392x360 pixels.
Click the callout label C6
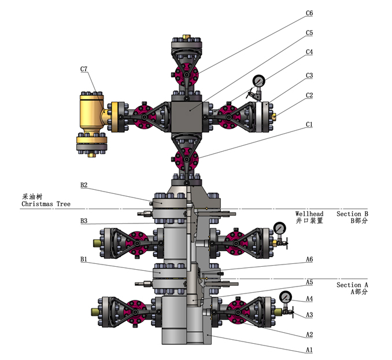(x=309, y=13)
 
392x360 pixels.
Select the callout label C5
(x=309, y=33)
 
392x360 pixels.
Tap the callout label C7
(x=84, y=69)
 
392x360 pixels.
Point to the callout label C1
(x=309, y=124)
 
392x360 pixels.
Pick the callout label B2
(x=84, y=185)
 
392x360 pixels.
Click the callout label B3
(x=84, y=221)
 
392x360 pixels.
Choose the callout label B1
(x=84, y=259)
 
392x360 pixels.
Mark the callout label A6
(x=309, y=259)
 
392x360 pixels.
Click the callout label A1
(x=309, y=350)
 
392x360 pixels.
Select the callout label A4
(x=309, y=299)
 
